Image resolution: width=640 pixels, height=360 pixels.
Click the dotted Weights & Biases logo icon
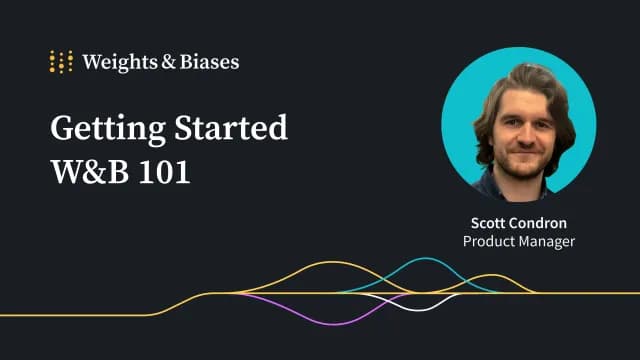click(61, 61)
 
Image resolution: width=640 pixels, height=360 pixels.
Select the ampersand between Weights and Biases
click(166, 62)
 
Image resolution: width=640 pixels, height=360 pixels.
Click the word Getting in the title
click(100, 128)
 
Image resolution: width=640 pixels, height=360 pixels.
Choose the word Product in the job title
click(487, 241)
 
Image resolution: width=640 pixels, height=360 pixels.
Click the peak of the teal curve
click(426, 259)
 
